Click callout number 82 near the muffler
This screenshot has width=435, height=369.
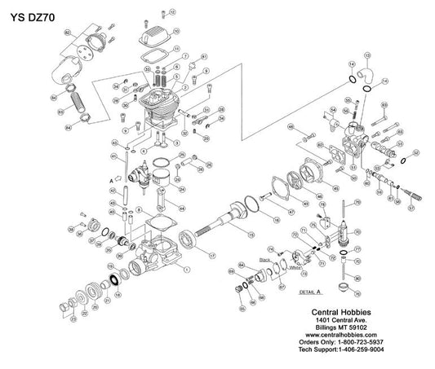pyautogui.click(x=68, y=32)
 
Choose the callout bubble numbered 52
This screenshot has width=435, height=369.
pyautogui.click(x=416, y=152)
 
